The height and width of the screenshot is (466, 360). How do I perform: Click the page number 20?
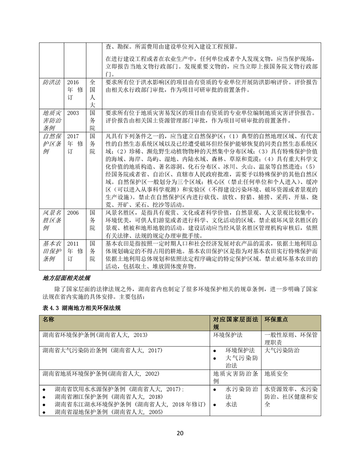(x=180, y=432)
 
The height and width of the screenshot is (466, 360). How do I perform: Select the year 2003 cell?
(x=73, y=113)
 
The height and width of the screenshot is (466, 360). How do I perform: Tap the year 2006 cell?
(x=73, y=213)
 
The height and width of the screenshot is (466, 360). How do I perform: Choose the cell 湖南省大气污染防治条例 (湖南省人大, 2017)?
(x=101, y=350)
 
